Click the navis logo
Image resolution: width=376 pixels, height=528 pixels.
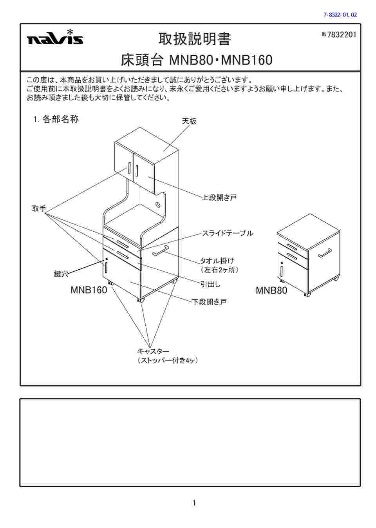point(55,38)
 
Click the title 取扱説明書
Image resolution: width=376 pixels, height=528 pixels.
point(195,39)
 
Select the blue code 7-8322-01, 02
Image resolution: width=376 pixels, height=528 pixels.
point(340,15)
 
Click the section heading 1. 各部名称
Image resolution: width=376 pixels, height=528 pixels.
point(56,119)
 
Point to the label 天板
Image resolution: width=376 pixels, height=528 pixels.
point(189,122)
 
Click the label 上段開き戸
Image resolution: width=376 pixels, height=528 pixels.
point(219,198)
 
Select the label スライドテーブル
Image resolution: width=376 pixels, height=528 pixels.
point(227,233)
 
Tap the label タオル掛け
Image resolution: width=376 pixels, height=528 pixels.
point(217,261)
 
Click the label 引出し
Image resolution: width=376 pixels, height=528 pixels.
point(210,284)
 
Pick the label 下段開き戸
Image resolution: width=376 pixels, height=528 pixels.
point(209,302)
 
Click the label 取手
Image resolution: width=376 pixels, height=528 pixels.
point(39,209)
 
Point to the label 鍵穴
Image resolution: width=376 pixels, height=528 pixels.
point(61,274)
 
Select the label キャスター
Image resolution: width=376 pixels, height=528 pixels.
point(153,351)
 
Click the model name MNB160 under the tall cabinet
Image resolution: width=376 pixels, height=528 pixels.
point(89,290)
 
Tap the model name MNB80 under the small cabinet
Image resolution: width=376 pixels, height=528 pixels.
point(271,290)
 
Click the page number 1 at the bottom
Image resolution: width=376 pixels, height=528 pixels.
point(194,503)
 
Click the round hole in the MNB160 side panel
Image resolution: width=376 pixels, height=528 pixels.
point(158,205)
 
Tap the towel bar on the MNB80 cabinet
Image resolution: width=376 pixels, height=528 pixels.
point(325,253)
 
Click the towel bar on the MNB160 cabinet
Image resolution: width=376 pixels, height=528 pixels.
point(160,250)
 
